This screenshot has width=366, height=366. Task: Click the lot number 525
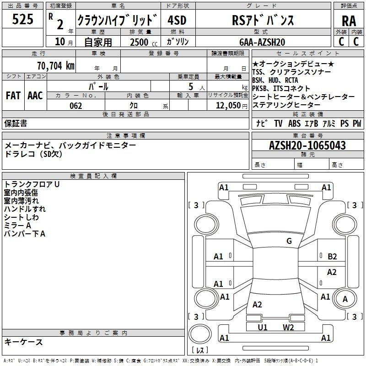22,19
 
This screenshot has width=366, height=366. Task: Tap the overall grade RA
349,21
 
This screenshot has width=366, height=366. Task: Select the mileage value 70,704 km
56,66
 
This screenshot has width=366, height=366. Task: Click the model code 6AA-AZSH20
262,42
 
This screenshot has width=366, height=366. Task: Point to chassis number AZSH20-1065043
307,145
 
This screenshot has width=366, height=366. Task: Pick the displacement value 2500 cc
144,42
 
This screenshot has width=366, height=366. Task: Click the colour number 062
76,106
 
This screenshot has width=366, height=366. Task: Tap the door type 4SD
177,20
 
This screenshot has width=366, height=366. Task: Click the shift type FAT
13,96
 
